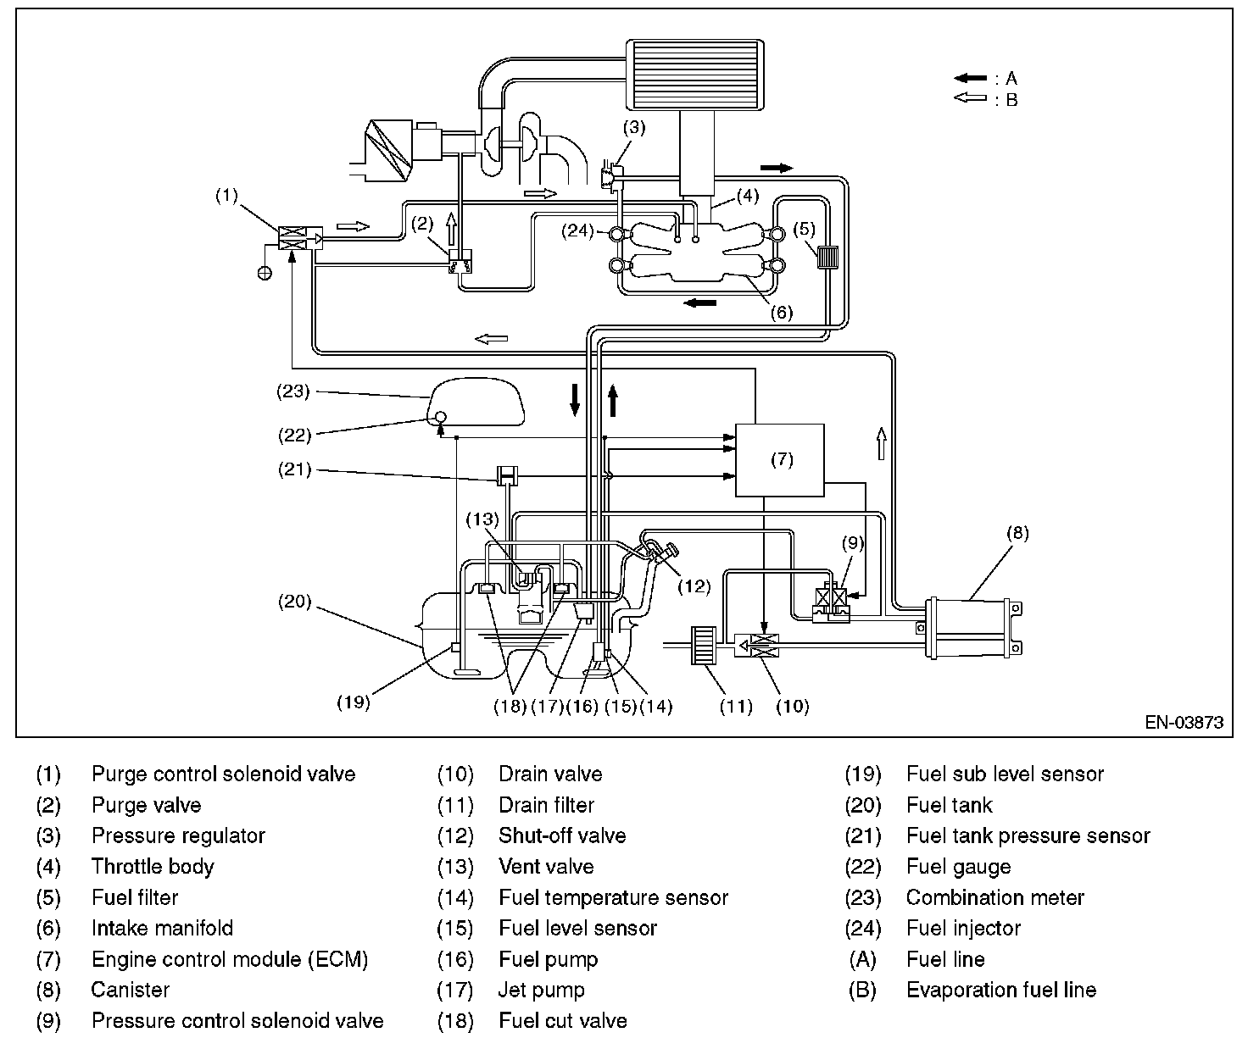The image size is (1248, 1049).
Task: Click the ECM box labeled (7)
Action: [x=780, y=460]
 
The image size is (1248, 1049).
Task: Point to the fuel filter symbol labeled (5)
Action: [x=826, y=256]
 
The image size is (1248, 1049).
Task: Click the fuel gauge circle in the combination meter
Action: [x=440, y=417]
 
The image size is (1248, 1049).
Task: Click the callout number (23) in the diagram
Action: [x=293, y=391]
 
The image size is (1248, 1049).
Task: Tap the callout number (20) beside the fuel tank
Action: [x=294, y=602]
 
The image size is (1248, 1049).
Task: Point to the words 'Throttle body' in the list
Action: [x=153, y=867]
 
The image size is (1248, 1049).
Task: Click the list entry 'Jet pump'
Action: [x=541, y=990]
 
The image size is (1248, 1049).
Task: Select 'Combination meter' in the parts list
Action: [x=994, y=897]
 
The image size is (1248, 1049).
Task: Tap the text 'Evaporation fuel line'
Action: [x=1000, y=990]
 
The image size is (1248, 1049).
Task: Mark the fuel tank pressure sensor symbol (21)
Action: [x=507, y=475]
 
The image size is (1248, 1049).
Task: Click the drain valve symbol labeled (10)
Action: [x=759, y=646]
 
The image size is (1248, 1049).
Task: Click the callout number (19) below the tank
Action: [x=354, y=702]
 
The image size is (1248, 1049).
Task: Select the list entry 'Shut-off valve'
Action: [x=562, y=835]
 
